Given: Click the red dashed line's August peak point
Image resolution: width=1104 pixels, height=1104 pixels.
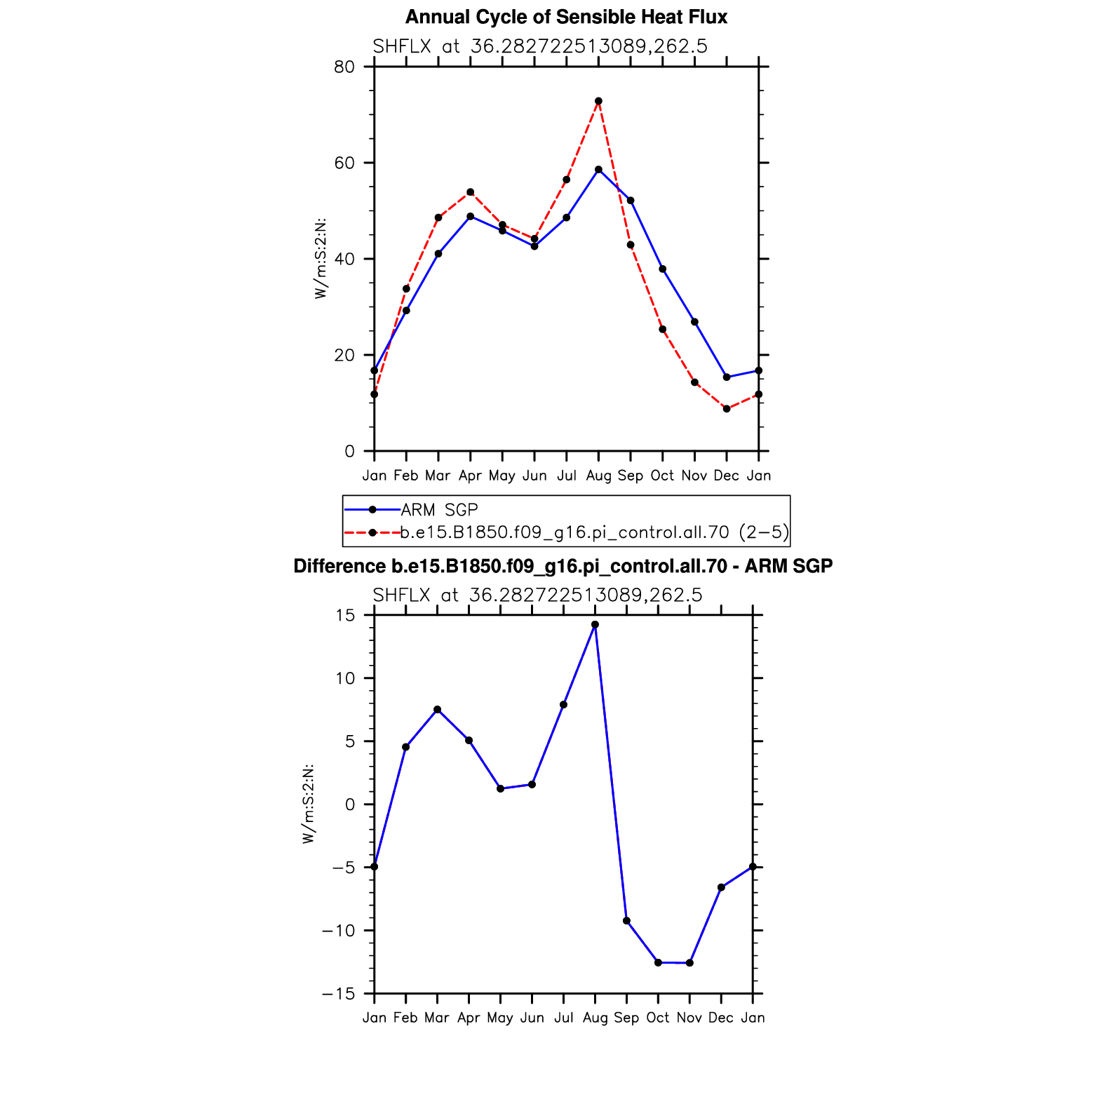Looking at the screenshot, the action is [x=598, y=101].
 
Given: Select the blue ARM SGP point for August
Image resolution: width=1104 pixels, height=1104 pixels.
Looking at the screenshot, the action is [x=598, y=170].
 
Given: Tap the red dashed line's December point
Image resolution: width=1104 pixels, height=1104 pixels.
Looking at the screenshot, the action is [x=727, y=409].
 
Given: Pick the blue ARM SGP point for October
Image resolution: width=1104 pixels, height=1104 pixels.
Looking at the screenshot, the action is [x=663, y=269].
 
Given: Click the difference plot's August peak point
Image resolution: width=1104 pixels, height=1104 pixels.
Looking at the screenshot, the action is [x=595, y=624].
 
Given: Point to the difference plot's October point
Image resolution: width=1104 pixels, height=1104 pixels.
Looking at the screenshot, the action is [x=658, y=962].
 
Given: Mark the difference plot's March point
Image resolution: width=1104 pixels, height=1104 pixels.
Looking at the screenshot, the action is [x=438, y=709].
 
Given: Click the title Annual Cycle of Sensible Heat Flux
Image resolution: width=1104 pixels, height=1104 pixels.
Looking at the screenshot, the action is [x=566, y=17].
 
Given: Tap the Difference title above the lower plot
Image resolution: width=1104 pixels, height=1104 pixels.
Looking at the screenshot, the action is [x=563, y=566].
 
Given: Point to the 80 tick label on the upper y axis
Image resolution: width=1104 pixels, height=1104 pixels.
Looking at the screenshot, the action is [x=344, y=67].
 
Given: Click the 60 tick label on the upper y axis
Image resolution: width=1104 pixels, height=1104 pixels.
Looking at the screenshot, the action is [x=344, y=163].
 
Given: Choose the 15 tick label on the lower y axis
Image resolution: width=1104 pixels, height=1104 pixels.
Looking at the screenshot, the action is [x=346, y=615].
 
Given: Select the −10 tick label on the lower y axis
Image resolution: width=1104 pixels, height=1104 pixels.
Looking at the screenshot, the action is [x=338, y=931].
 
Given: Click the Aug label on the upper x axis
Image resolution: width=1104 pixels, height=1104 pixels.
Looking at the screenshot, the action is [x=598, y=476].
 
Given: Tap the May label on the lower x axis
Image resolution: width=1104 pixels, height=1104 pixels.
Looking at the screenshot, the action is [x=500, y=1018].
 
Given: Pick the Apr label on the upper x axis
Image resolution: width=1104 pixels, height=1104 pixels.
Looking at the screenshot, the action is [x=470, y=476].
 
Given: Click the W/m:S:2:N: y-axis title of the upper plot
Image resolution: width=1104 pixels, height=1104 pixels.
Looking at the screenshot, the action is [x=321, y=258].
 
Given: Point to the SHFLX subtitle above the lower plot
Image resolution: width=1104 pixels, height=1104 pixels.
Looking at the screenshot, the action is [x=537, y=595].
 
